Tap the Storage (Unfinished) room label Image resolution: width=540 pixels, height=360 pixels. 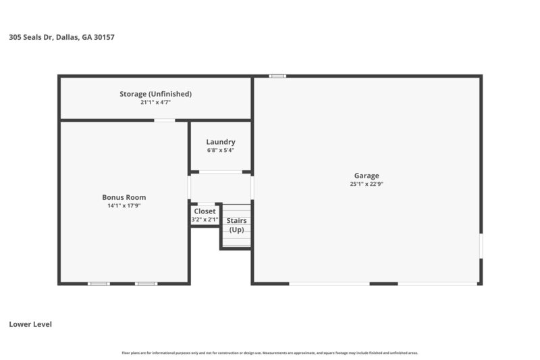tap(155, 94)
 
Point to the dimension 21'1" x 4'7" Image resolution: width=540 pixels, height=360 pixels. tap(155, 103)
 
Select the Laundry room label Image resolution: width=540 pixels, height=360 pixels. tap(221, 142)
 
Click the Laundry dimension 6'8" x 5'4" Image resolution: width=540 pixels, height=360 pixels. tap(221, 151)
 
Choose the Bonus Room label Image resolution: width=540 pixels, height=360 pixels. tap(124, 197)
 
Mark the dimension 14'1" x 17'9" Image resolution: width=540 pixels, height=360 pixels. tap(124, 206)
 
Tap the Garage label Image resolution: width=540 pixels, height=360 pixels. tap(367, 176)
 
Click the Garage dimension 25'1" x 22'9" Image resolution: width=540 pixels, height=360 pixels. tap(367, 184)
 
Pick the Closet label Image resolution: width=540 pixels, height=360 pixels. tap(205, 211)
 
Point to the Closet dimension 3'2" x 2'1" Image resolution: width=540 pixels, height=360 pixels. tap(205, 220)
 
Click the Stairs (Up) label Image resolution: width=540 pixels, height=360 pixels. tap(236, 225)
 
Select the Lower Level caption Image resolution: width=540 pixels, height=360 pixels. tap(30, 324)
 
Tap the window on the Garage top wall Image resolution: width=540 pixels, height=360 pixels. tap(277, 76)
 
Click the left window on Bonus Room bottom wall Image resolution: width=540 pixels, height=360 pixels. tap(99, 284)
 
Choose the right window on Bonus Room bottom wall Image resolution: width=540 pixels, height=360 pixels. tap(146, 284)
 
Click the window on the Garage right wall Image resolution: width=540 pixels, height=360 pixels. tap(481, 245)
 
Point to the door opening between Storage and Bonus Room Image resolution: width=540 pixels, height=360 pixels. tap(165, 120)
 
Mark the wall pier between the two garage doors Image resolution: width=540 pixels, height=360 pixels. tap(383, 284)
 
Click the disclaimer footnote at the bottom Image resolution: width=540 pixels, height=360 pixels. tap(270, 353)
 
